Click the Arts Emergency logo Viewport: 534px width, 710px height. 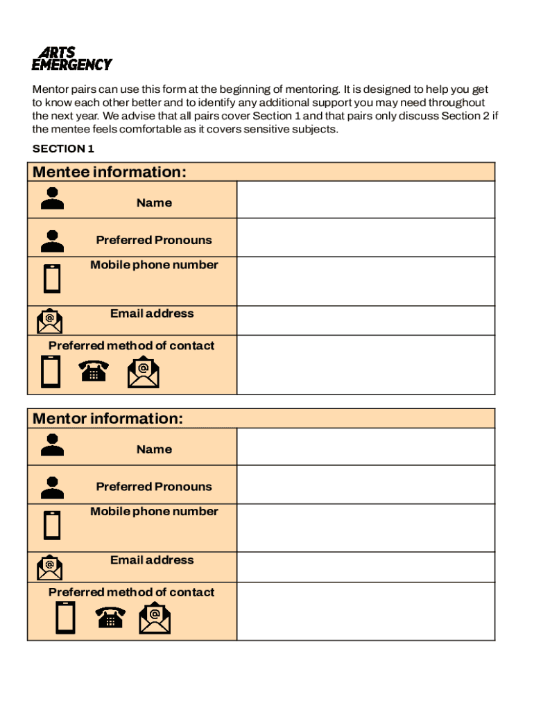click(x=71, y=59)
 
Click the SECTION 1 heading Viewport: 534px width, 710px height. click(x=63, y=148)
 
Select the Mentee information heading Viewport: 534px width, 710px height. click(x=110, y=172)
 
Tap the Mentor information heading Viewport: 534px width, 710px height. click(x=108, y=419)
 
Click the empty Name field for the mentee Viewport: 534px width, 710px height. click(x=365, y=200)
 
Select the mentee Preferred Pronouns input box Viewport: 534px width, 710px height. click(x=365, y=238)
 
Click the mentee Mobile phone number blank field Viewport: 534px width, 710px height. click(x=365, y=281)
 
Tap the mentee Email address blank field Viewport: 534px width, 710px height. click(x=365, y=320)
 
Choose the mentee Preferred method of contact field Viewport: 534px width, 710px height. click(x=365, y=365)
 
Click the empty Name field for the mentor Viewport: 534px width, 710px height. click(x=365, y=447)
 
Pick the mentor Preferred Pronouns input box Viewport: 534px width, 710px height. click(x=365, y=485)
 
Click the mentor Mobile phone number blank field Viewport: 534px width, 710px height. click(x=365, y=528)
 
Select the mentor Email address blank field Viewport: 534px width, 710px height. click(x=365, y=567)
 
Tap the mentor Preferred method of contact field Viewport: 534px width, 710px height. click(x=365, y=611)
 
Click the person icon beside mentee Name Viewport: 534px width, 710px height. click(x=52, y=198)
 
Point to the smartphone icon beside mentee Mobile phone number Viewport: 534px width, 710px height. click(x=52, y=279)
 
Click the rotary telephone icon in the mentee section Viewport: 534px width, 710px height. click(x=93, y=372)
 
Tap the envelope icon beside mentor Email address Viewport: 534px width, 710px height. click(x=49, y=567)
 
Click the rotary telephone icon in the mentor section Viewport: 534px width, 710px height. click(x=110, y=617)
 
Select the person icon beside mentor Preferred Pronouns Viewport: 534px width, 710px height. click(x=52, y=487)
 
